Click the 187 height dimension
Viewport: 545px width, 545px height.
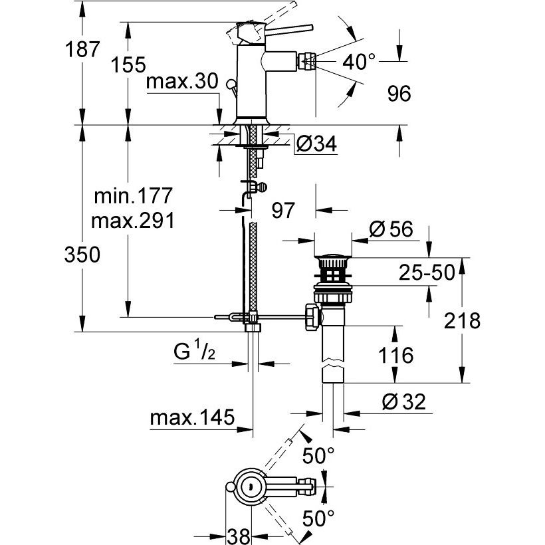[x=82, y=49]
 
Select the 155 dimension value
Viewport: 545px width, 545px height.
[x=128, y=64]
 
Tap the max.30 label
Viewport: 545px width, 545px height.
[x=182, y=81]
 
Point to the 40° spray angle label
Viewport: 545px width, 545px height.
[x=359, y=62]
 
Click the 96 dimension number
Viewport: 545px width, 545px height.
[x=399, y=94]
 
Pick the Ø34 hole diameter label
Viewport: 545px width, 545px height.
[x=316, y=144]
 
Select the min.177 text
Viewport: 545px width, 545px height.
[x=133, y=195]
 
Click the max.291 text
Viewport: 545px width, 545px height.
[x=132, y=221]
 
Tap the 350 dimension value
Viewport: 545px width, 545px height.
[x=82, y=255]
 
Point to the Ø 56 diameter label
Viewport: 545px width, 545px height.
[x=391, y=229]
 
